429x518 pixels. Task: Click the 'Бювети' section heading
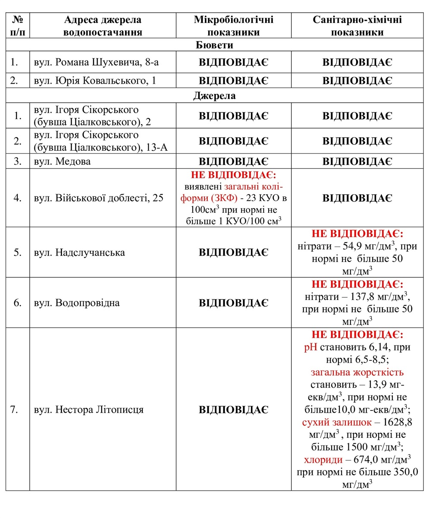pyautogui.click(x=214, y=45)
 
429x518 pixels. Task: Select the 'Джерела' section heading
pyautogui.click(x=214, y=95)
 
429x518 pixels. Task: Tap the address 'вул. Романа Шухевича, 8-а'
pyautogui.click(x=96, y=62)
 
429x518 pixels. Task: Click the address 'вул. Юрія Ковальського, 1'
pyautogui.click(x=95, y=80)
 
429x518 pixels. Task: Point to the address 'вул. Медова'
pyautogui.click(x=62, y=161)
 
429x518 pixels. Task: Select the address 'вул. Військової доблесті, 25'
pyautogui.click(x=99, y=198)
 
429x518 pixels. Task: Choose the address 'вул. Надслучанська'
pyautogui.click(x=79, y=252)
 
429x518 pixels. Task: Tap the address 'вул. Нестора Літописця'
pyautogui.click(x=88, y=409)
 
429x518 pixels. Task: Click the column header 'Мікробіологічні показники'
pyautogui.click(x=233, y=26)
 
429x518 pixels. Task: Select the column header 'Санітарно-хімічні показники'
pyautogui.click(x=357, y=26)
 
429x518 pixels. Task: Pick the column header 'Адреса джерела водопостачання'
pyautogui.click(x=103, y=26)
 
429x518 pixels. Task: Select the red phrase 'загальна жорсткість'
pyautogui.click(x=357, y=372)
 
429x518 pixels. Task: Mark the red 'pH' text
pyautogui.click(x=310, y=347)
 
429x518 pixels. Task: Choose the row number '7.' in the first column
pyautogui.click(x=14, y=409)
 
